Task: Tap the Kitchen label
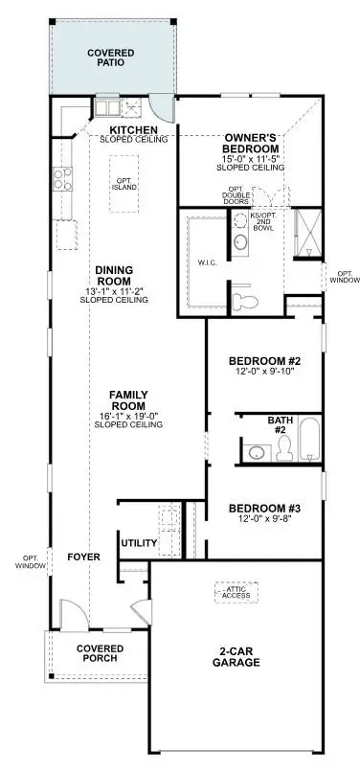[133, 129]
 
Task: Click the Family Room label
[126, 400]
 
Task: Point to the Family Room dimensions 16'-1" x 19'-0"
[126, 416]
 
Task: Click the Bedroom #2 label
[265, 361]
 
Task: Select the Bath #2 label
[280, 425]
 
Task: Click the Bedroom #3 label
[265, 508]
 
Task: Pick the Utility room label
[139, 543]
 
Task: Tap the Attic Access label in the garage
[235, 592]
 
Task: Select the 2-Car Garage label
[236, 656]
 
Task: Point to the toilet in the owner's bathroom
[247, 300]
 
